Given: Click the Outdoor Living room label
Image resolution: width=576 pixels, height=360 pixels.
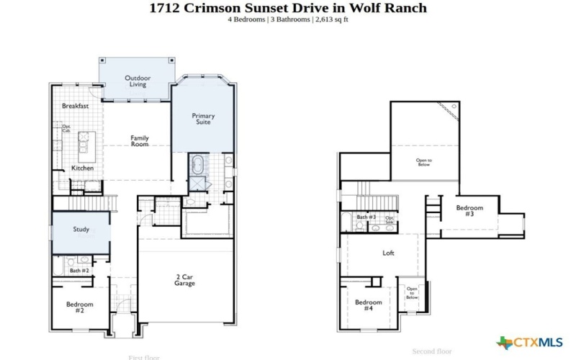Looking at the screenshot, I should (138, 81).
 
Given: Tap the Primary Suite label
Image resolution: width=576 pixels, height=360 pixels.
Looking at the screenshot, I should (203, 119).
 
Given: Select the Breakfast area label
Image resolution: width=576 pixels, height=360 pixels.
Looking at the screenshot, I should (75, 106).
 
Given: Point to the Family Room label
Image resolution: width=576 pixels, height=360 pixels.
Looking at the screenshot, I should (139, 140).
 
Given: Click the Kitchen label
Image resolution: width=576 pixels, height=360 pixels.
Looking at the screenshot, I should (82, 168).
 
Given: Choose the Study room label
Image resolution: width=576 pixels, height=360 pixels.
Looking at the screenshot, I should (81, 230).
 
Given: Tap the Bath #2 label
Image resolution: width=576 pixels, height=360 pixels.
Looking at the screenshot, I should (79, 271).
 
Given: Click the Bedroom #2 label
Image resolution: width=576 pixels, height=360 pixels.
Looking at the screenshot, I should (80, 307).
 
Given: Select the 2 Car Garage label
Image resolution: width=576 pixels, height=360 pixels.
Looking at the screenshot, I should (184, 280).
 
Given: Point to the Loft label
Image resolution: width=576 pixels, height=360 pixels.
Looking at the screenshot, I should (388, 253).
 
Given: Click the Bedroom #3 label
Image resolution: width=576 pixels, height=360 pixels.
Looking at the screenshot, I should (469, 211).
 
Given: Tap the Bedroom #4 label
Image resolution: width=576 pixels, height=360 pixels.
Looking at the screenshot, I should (368, 305).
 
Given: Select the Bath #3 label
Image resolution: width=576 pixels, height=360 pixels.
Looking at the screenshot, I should (366, 217).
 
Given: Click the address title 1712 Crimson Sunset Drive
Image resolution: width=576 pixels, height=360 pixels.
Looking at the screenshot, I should (287, 8).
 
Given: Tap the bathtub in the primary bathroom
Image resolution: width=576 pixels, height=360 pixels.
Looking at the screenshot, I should (197, 165).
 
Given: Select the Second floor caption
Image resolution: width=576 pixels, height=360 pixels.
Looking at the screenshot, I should (431, 351).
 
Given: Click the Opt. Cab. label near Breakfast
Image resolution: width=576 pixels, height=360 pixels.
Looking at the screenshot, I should (66, 129).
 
